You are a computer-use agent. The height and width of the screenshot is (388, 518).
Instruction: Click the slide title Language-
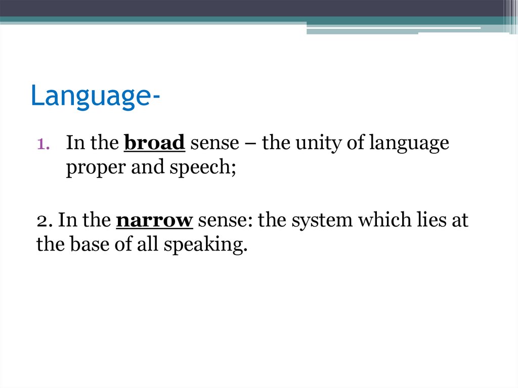[93, 97]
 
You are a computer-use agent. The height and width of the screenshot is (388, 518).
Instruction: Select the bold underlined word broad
[154, 144]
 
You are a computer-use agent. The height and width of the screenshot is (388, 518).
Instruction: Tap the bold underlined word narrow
[155, 221]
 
